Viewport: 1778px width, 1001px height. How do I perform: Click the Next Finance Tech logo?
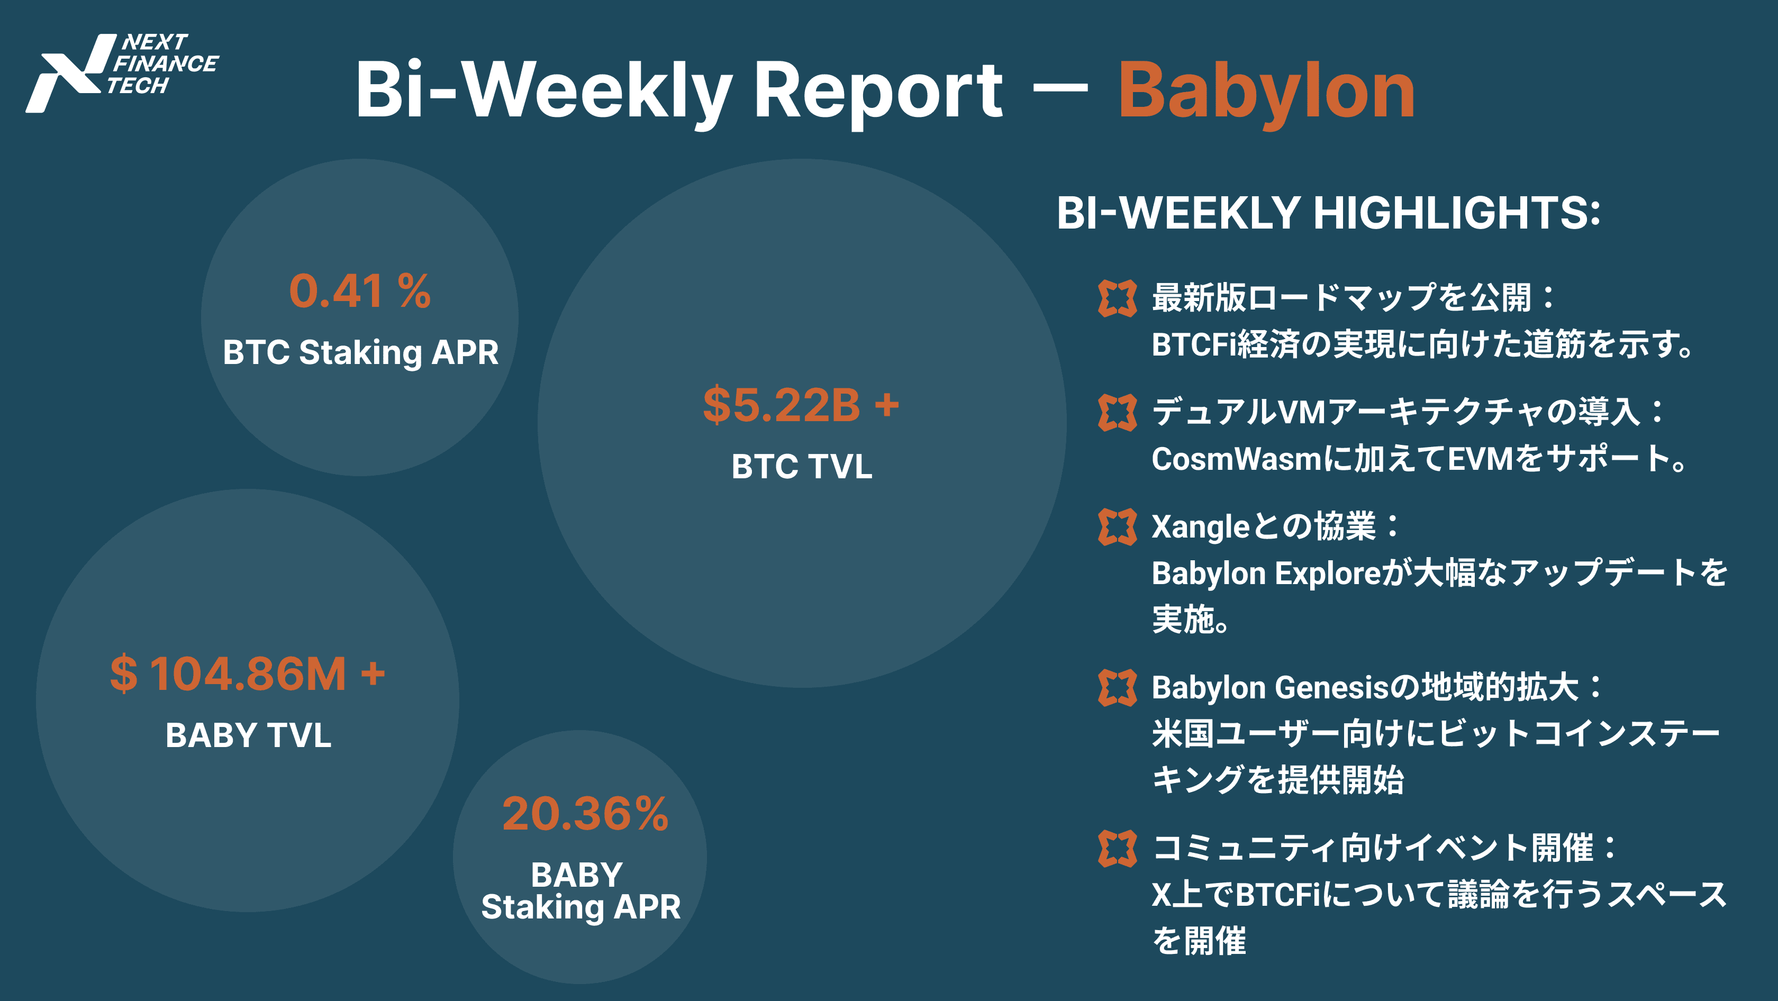coord(122,72)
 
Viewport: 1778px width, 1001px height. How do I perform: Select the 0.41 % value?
coord(360,290)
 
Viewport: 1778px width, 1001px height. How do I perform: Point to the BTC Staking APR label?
coord(360,352)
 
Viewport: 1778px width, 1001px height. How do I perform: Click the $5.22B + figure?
coord(801,404)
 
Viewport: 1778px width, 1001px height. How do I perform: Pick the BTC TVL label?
coord(801,466)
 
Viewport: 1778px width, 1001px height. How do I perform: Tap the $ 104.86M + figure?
coord(248,674)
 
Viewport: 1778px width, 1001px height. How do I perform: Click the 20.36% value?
coord(585,814)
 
